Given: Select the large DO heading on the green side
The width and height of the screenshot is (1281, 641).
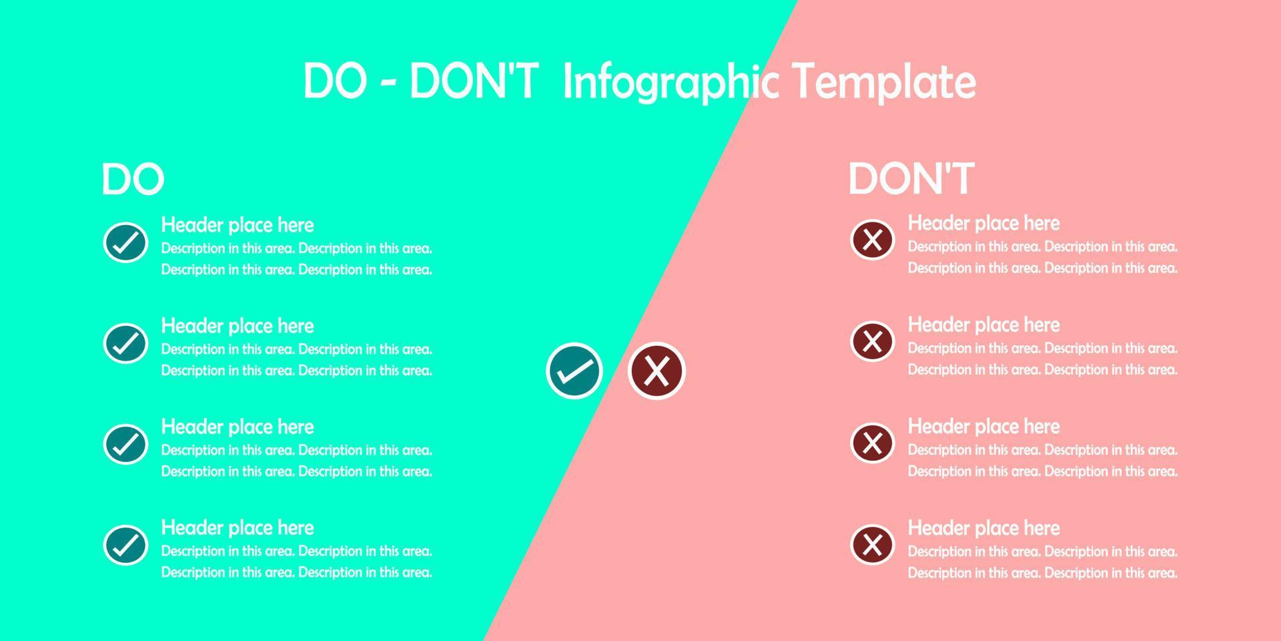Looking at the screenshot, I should pos(133,179).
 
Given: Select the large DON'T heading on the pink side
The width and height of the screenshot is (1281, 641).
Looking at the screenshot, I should pos(911,178).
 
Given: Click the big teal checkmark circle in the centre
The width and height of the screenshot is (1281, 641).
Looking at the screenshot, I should pos(574,371).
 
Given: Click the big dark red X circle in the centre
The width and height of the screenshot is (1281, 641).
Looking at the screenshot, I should pos(657,371).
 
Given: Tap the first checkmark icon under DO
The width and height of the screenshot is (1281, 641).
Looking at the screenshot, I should pos(125,242).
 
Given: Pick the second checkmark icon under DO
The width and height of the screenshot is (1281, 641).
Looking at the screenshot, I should pos(125,343).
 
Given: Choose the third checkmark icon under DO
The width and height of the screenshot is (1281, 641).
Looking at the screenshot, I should pos(125,444).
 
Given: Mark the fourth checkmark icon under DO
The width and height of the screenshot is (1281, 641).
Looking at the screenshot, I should pos(125,545).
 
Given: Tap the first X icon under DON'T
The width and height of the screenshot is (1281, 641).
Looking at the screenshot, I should pos(872,240).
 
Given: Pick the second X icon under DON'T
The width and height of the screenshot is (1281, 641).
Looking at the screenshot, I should pos(872,341).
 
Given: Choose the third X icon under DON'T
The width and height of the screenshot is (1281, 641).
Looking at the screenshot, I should pos(872,443).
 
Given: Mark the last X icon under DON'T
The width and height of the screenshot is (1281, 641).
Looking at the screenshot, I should pos(872,544).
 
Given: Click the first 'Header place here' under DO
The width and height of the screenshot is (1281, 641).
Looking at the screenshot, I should pos(238,225).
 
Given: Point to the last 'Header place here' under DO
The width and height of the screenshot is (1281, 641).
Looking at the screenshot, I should pos(238,528).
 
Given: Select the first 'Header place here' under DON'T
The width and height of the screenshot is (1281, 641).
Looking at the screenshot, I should pos(983,223).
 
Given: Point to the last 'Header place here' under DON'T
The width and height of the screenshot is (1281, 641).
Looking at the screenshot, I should pos(983,528).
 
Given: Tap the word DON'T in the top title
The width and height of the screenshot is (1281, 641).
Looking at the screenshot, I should pos(473,82).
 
